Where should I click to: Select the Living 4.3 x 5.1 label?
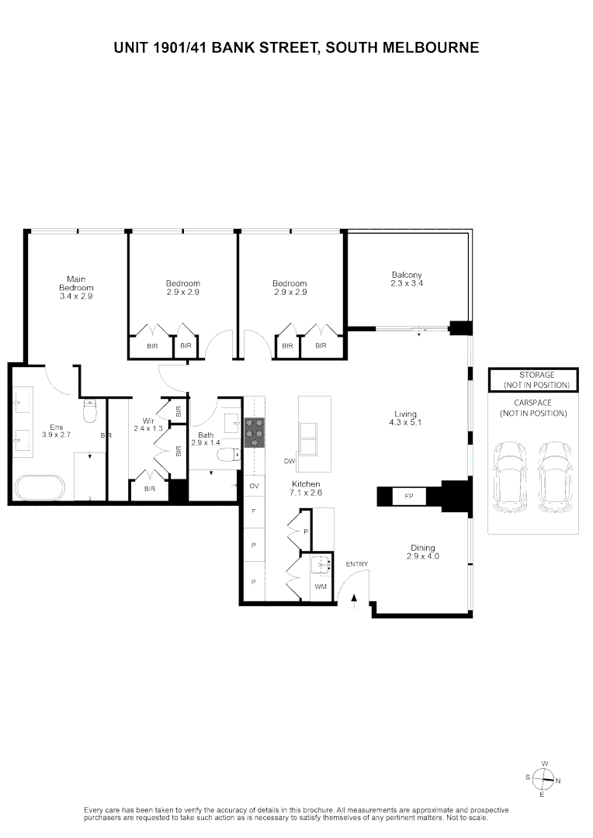pyautogui.click(x=404, y=418)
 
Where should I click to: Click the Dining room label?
pyautogui.click(x=423, y=552)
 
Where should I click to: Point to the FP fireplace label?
pyautogui.click(x=408, y=496)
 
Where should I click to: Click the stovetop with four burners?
pyautogui.click(x=254, y=432)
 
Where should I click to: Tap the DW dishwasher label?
pyautogui.click(x=290, y=462)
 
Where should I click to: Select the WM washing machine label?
pyautogui.click(x=320, y=587)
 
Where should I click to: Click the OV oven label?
pyautogui.click(x=253, y=486)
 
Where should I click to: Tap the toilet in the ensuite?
pyautogui.click(x=89, y=410)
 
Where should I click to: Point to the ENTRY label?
pyautogui.click(x=357, y=564)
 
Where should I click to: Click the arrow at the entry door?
pyautogui.click(x=354, y=597)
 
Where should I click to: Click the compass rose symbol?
pyautogui.click(x=545, y=779)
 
